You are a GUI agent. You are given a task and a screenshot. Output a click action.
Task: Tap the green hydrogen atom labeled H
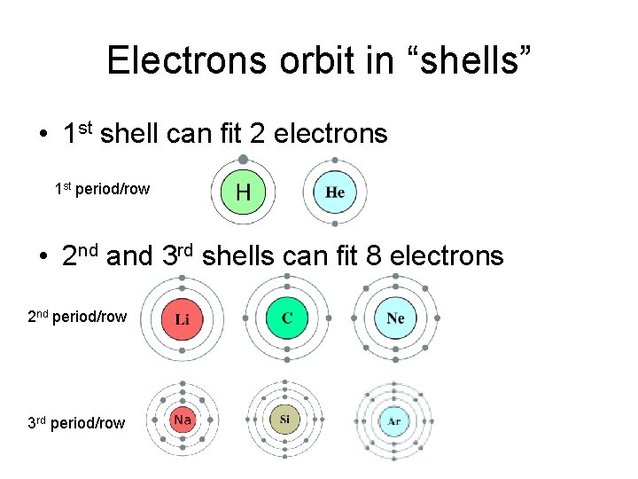[x=243, y=192]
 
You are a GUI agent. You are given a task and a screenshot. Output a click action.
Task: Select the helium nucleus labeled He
[x=335, y=192]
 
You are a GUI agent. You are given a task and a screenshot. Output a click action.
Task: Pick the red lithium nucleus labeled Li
[x=182, y=318]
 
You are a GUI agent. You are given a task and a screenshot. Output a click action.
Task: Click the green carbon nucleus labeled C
[x=287, y=318]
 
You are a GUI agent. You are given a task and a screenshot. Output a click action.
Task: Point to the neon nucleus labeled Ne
[x=395, y=318]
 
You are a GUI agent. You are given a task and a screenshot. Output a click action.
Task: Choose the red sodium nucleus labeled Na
[x=183, y=420]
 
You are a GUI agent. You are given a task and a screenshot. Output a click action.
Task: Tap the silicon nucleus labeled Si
[x=284, y=420]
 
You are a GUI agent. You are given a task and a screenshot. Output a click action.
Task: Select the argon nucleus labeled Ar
[x=393, y=421]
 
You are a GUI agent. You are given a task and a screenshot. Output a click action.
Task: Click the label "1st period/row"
[x=102, y=189]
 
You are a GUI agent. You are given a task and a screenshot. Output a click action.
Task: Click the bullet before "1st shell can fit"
[x=43, y=136]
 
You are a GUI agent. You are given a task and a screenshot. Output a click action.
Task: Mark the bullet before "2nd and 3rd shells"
[x=43, y=258]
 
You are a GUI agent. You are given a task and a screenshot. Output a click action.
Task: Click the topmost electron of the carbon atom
[x=287, y=276]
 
